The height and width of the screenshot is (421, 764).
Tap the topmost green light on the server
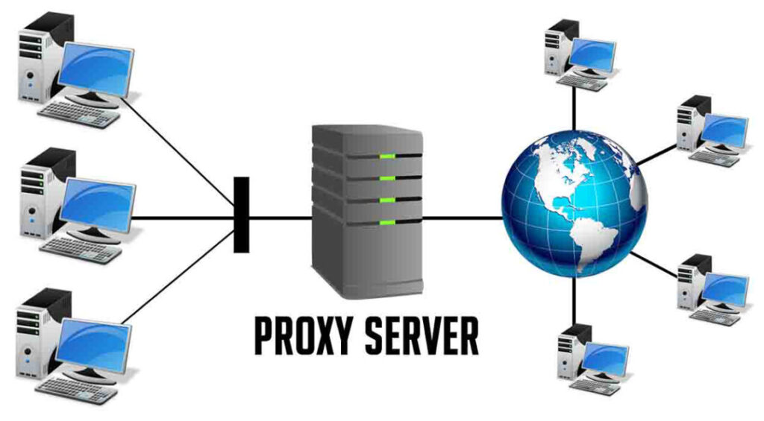click(386, 156)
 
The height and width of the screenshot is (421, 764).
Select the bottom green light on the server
click(386, 223)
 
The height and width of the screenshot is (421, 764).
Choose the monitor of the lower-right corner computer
click(724, 288)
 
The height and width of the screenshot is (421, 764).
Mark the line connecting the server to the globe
click(463, 218)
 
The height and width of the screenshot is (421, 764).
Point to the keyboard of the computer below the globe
click(593, 388)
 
